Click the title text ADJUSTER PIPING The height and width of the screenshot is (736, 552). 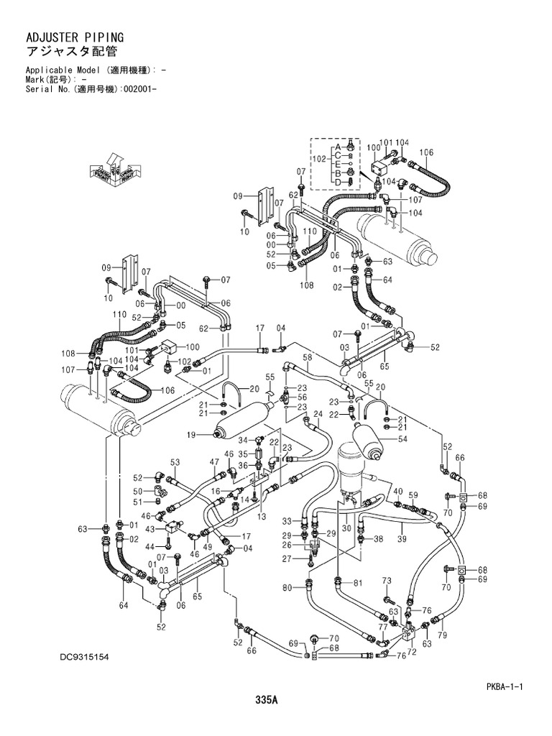tap(65, 35)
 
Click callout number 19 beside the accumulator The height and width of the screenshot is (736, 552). tap(192, 435)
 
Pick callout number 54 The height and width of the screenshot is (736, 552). tap(402, 439)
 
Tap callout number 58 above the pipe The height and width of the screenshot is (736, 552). tap(307, 357)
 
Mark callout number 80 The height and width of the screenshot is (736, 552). tap(287, 588)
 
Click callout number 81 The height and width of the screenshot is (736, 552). tap(356, 583)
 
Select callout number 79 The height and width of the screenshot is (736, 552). tap(443, 635)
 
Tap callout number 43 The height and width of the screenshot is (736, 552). tap(151, 529)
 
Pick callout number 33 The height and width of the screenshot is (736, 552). tap(286, 520)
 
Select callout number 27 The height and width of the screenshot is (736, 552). tap(286, 558)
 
